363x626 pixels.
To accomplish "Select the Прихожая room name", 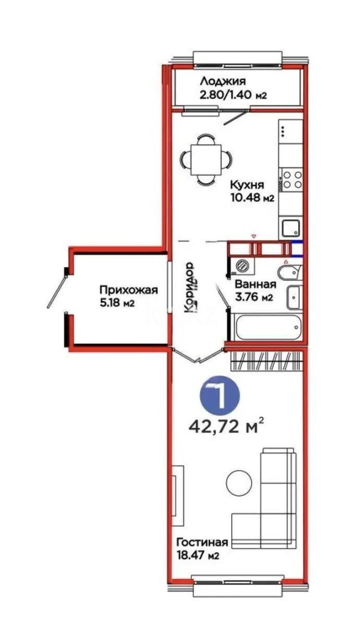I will coord(128,290).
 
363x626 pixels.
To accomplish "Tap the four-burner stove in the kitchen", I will coord(291,179).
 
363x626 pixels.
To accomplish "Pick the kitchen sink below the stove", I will coord(290,228).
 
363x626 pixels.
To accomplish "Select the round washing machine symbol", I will coord(242,266).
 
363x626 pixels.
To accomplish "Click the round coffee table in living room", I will coord(238,483).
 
